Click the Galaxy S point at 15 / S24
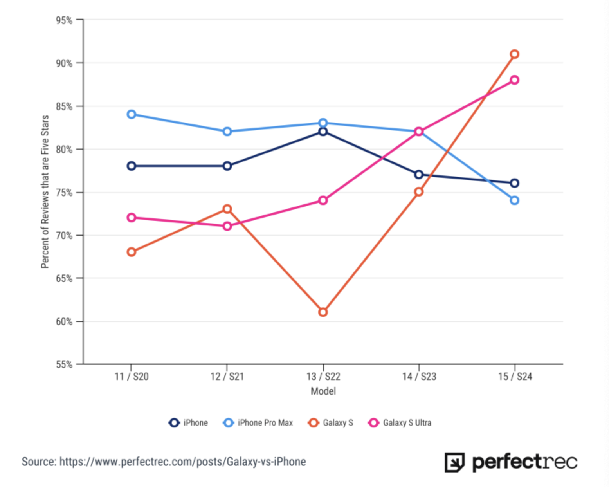point(514,54)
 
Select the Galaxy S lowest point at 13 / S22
point(323,312)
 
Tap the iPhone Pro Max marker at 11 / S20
point(132,114)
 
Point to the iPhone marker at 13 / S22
point(323,132)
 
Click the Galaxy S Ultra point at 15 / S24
point(514,80)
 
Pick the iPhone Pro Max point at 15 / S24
point(514,200)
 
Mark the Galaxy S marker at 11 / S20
point(132,252)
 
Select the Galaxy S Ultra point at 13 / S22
point(323,200)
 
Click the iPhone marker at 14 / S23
point(419,175)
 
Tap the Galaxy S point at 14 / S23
point(419,192)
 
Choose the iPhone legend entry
point(188,423)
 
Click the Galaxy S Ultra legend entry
point(400,423)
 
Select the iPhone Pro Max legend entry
point(258,423)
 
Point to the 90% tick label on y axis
point(64,63)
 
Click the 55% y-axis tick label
point(64,365)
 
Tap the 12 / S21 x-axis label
point(227,377)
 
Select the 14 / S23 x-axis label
point(419,377)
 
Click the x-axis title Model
point(323,391)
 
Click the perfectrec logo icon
point(454,462)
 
